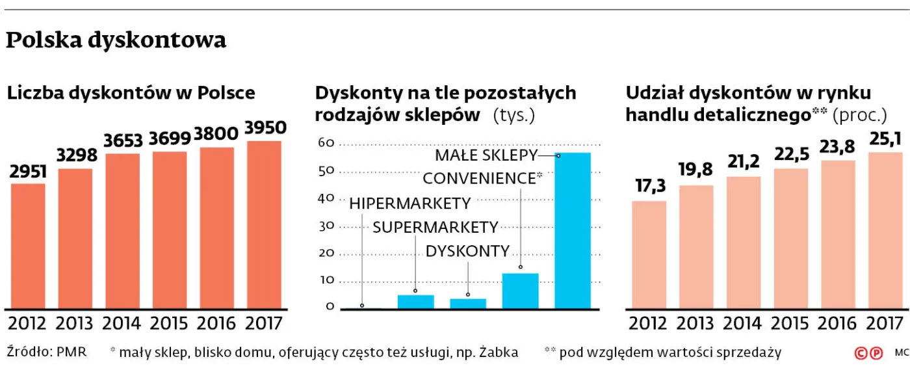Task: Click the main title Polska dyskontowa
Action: click(x=116, y=40)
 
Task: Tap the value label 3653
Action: click(x=123, y=141)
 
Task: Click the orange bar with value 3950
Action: click(x=264, y=224)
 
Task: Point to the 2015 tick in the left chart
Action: click(x=170, y=323)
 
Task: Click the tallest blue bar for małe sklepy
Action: click(x=572, y=230)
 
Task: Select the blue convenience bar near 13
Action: click(x=520, y=290)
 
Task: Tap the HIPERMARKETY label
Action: click(x=409, y=204)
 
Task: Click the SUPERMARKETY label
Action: click(x=435, y=228)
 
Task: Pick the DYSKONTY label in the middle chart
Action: click(x=467, y=252)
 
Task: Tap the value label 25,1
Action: click(x=885, y=138)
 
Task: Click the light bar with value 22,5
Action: click(x=790, y=238)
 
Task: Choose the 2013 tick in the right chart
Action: click(x=696, y=323)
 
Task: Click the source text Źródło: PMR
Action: click(x=46, y=352)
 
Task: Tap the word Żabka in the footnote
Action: click(x=499, y=352)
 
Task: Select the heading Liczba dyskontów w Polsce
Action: click(x=131, y=93)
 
